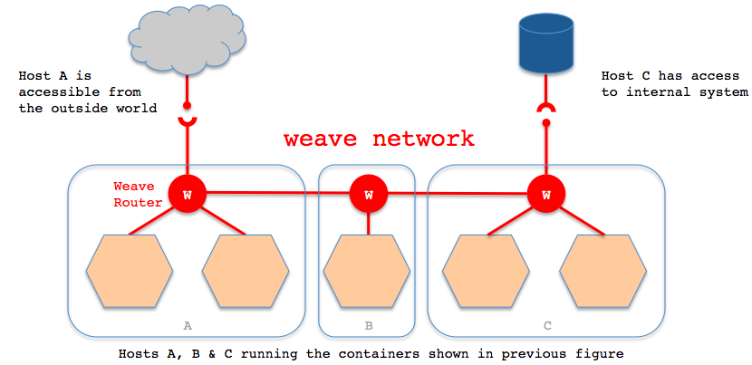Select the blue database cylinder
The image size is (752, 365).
click(x=546, y=45)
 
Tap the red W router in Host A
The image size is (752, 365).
click(x=188, y=193)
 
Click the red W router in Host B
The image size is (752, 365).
click(x=368, y=193)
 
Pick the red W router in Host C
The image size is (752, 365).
click(x=546, y=193)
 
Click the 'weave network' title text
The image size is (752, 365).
click(x=379, y=139)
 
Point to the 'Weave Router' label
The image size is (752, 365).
click(x=137, y=194)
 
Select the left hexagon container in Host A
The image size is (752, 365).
click(x=130, y=272)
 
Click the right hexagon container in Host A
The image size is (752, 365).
click(x=246, y=272)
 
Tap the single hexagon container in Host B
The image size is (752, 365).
click(x=367, y=272)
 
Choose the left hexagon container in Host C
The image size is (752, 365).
click(x=487, y=272)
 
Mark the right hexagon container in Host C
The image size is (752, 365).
click(x=603, y=272)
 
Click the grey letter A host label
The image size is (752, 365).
click(x=188, y=322)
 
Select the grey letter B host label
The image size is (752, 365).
click(x=368, y=322)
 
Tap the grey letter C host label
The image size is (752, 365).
click(x=546, y=322)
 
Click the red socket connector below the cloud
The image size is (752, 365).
click(x=188, y=120)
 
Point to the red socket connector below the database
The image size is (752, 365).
click(x=546, y=111)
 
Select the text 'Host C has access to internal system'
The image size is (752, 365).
click(x=674, y=84)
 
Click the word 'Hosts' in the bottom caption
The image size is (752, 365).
click(x=139, y=352)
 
